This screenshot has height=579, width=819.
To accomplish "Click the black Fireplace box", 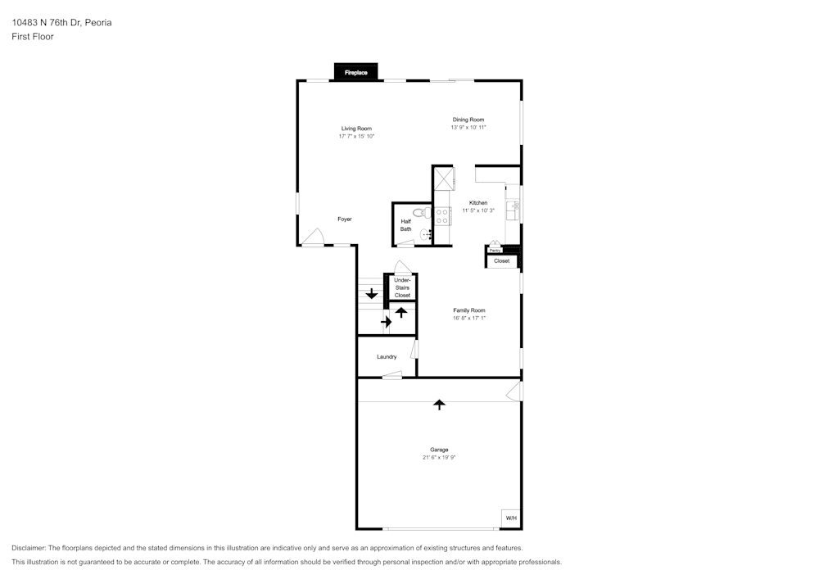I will point(355,73).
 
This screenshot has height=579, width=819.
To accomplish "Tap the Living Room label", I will point(356,129).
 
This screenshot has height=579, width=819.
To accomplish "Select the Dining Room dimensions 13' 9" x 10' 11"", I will point(468,128).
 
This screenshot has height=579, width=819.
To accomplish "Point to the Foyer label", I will point(345,219).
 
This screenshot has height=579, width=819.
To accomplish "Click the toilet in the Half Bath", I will point(419,213).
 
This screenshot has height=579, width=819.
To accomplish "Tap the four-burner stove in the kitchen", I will point(442,215).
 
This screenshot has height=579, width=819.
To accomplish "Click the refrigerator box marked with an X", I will point(443,178).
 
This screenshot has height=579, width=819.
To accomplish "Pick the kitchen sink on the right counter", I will point(513,210).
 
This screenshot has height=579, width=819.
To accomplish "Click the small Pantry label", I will point(495,250).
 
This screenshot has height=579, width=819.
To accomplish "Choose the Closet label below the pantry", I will point(501,261).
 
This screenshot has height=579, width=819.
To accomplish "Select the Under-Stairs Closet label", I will point(402,287).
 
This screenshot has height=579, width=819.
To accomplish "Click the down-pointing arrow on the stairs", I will point(371,294).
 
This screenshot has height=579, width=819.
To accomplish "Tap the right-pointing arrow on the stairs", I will point(386,322).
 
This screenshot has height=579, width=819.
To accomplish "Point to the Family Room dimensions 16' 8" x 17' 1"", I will point(469,318).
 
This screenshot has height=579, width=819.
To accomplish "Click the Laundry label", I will point(387,357).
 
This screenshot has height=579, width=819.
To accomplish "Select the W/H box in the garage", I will point(510,518).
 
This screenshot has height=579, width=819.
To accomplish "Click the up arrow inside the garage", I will point(439,404).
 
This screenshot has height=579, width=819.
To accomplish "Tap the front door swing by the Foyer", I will point(312,237).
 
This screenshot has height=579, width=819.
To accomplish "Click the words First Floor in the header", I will point(33,37).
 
